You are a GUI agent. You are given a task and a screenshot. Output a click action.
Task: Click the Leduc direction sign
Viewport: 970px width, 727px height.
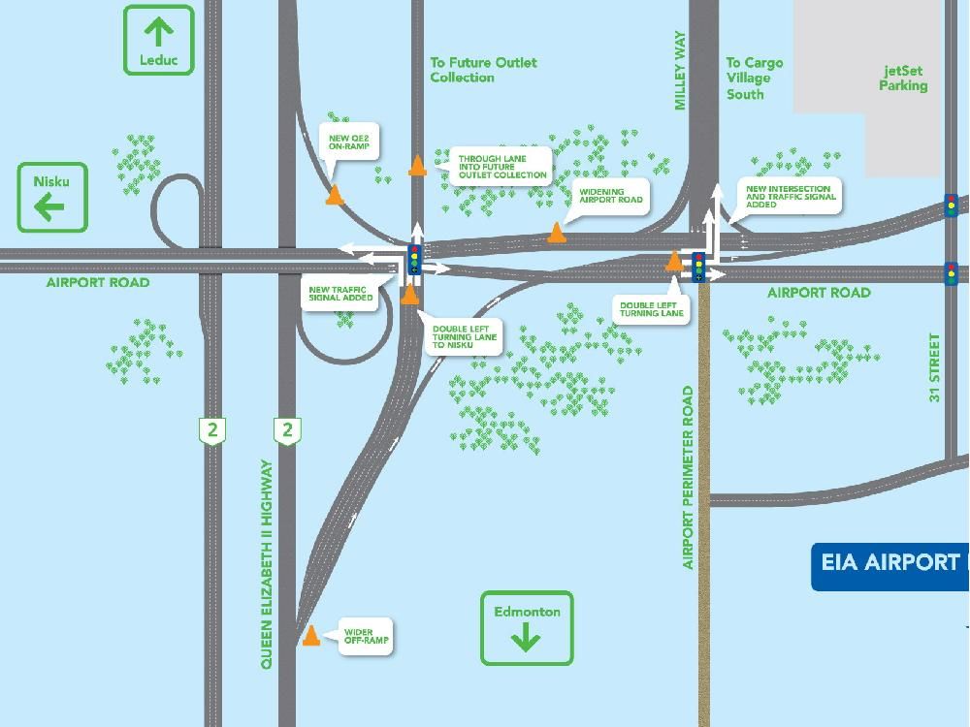point(159,40)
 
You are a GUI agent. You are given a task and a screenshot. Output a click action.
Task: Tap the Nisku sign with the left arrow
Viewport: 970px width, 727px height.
point(52,197)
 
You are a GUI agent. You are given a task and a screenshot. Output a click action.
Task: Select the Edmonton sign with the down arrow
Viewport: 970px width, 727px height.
point(527,628)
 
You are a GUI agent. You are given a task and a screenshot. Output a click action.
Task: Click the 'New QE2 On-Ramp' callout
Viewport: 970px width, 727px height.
point(349,144)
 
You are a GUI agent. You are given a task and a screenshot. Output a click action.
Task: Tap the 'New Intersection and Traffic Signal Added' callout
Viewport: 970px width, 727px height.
point(788,197)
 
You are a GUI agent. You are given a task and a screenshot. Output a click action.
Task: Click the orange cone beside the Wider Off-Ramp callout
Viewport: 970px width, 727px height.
point(311,636)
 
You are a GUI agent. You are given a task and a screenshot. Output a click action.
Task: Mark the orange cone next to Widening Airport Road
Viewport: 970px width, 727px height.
point(557,233)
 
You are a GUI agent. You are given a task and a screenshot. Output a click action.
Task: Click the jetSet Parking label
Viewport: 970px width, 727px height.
point(903,79)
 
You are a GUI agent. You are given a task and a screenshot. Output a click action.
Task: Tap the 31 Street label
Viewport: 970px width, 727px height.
point(935,367)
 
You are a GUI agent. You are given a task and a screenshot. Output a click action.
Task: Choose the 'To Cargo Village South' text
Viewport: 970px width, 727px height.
point(754,79)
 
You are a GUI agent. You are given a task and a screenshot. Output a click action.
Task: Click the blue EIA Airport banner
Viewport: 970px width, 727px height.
point(890,563)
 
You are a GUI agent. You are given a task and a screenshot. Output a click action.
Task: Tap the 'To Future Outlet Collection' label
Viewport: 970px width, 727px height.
point(483,70)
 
